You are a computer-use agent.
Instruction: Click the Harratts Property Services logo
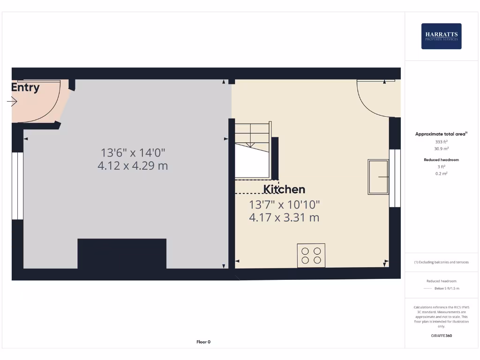coord(441,36)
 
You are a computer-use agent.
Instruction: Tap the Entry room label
coord(25,87)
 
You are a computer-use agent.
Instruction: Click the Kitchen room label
coord(284,189)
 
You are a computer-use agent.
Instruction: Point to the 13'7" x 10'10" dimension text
coord(284,205)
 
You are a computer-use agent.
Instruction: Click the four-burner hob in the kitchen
coord(311,255)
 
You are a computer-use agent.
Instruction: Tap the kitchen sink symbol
coord(378,177)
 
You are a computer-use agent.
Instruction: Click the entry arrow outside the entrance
coord(12,101)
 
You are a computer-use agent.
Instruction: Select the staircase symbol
coord(253,150)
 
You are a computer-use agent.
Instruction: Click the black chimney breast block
coord(122,254)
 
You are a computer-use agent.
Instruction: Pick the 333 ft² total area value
coord(441,141)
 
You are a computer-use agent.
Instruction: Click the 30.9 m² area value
coord(441,148)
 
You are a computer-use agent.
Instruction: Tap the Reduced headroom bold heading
coord(441,160)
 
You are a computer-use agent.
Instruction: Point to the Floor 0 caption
coord(203,342)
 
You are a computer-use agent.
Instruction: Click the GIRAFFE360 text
coord(441,336)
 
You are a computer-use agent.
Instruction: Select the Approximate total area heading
coord(441,134)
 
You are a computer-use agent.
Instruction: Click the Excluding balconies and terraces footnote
coord(441,262)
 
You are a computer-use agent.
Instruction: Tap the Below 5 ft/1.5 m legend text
coord(447,288)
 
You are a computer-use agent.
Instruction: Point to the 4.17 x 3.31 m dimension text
coord(284,217)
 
